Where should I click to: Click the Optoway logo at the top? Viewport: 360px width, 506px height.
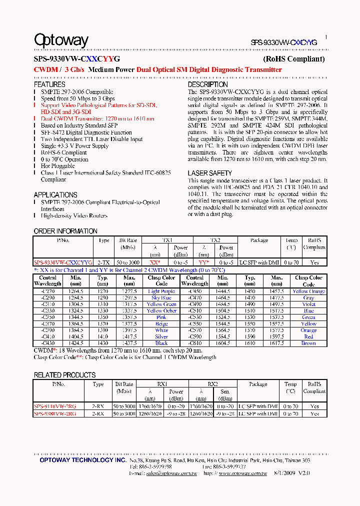coord(61,40)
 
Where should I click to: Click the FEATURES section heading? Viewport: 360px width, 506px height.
coord(49,85)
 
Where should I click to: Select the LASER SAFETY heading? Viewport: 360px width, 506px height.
coord(209,173)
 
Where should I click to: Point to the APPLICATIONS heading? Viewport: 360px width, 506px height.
coord(55,195)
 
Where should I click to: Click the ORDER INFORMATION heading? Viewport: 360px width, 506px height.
coord(65,231)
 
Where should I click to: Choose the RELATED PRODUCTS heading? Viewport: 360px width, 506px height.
coord(64,375)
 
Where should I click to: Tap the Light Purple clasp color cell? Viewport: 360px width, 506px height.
coord(161,291)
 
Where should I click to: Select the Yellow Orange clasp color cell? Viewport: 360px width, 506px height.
coord(308,291)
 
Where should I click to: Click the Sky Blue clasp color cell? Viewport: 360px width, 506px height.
coord(161,298)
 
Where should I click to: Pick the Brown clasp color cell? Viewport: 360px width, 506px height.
coord(308,343)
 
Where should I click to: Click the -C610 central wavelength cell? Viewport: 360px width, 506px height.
coord(194,343)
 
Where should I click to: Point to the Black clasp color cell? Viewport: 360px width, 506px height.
coord(161,343)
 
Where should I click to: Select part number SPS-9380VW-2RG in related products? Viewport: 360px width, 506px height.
coord(55,414)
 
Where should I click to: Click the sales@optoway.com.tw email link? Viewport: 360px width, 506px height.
coord(170,473)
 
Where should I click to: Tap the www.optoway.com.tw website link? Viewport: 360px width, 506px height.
coord(242,473)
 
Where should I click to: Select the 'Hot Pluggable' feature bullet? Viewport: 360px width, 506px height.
coord(58,166)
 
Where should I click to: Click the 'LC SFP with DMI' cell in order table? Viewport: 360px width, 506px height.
coord(259,262)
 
